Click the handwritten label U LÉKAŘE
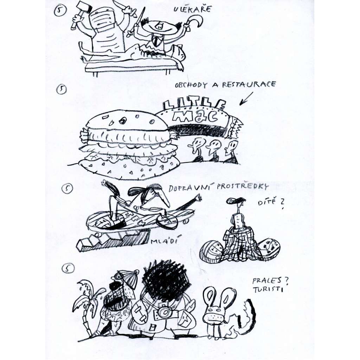tap(192, 9)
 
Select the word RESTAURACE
tap(249, 84)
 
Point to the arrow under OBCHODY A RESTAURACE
tap(246, 99)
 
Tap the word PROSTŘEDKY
tap(243, 186)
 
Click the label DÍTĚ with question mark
tap(271, 203)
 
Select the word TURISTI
tap(268, 289)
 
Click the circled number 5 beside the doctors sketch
tap(60, 11)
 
